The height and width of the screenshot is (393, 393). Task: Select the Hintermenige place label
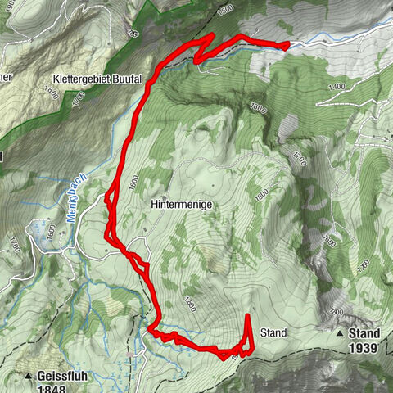[182, 203]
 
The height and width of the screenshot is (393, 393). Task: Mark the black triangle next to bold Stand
[340, 334]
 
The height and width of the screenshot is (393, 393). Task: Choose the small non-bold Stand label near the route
[273, 333]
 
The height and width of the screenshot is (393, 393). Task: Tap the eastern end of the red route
[287, 46]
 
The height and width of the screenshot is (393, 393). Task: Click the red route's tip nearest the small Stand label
[248, 315]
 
